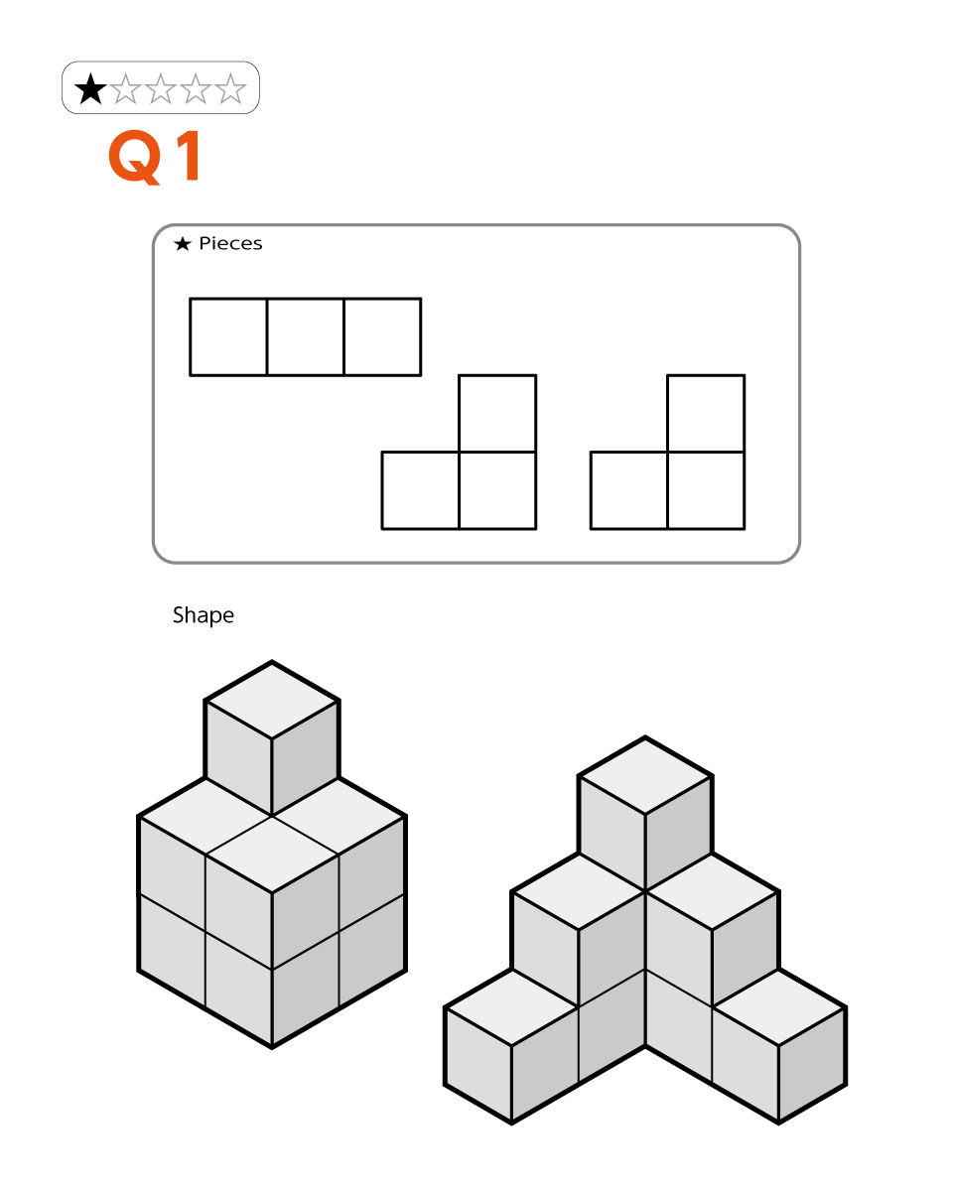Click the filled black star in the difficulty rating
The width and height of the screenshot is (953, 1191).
coord(90,89)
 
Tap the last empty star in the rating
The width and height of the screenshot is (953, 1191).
coord(230,89)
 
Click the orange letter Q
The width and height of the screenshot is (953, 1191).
coord(135,157)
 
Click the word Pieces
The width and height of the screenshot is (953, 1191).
coord(230,243)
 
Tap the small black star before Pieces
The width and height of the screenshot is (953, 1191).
coord(183,243)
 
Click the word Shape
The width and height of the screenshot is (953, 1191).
coord(204,616)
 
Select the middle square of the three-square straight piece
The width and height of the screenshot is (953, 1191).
coord(305,337)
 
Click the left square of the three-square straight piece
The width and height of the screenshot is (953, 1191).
coord(228,337)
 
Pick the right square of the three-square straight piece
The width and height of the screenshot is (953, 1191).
coord(382,337)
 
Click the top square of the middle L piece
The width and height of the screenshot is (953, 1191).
coord(497,414)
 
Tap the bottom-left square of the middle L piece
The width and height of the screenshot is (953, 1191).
coord(420,490)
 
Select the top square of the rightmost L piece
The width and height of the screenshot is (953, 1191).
coord(706,414)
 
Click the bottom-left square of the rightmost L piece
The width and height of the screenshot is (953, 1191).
coord(629,490)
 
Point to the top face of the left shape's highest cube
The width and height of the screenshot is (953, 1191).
coord(271,700)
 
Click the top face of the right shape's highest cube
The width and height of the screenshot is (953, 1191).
coord(645,775)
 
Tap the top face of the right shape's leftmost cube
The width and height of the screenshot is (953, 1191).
coord(511,1006)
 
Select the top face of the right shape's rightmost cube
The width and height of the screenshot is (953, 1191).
coord(778,1006)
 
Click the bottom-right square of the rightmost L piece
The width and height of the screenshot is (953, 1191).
coord(706,490)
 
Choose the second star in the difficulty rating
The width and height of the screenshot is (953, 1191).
coord(126,89)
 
